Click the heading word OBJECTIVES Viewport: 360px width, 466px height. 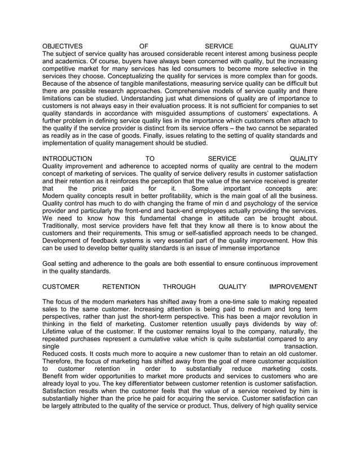coord(63,46)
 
